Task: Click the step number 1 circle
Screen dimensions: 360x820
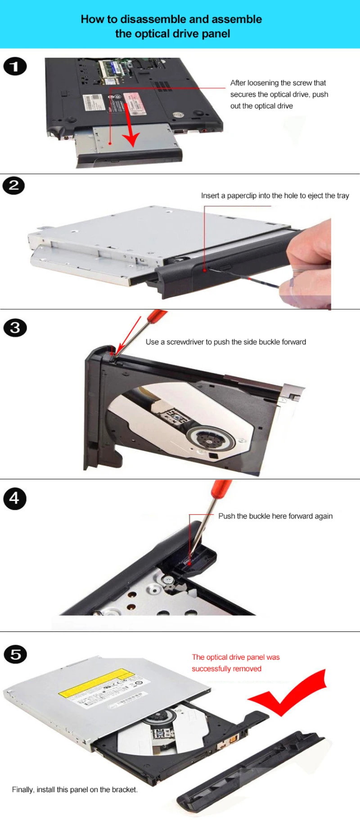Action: click(x=15, y=67)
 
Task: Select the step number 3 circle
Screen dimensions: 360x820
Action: click(x=15, y=328)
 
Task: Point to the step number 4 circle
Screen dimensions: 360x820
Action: click(x=15, y=499)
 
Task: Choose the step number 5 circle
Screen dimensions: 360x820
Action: click(x=15, y=654)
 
